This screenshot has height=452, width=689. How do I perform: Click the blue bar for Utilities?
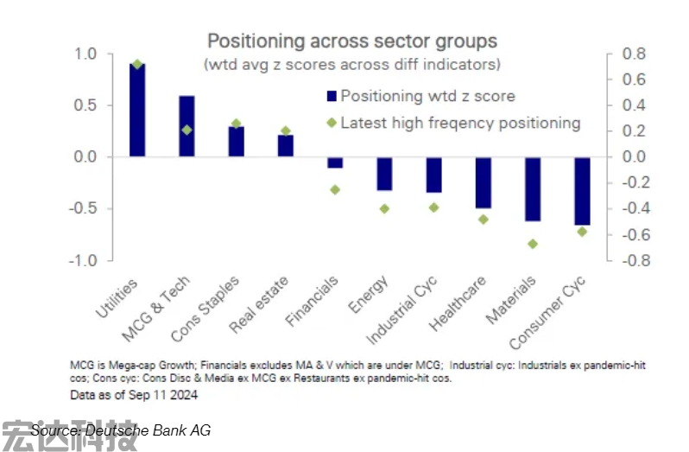coord(136,111)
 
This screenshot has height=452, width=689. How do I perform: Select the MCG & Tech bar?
coord(186,126)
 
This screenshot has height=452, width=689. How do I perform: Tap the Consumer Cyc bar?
coord(583,191)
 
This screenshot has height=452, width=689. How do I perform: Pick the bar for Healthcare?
coord(484,182)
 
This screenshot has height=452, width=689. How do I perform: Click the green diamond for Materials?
coord(533,244)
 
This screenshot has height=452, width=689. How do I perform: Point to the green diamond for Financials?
coord(335,189)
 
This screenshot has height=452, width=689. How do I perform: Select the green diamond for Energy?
coord(384,208)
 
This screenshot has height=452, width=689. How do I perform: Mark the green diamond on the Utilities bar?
coord(137,65)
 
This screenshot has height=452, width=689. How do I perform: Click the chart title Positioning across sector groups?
coord(351,41)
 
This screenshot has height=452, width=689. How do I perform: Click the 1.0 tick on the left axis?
coord(87,54)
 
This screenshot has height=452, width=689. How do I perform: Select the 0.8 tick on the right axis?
coord(635,54)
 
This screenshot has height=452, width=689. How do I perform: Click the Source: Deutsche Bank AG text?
coord(121,430)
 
